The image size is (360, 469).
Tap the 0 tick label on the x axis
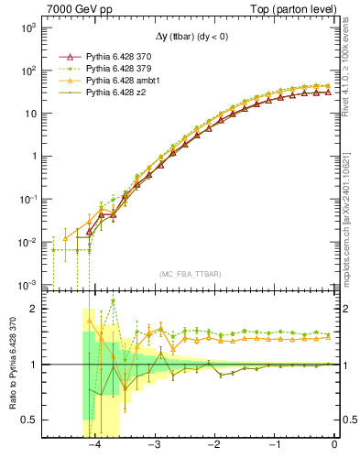334,444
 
